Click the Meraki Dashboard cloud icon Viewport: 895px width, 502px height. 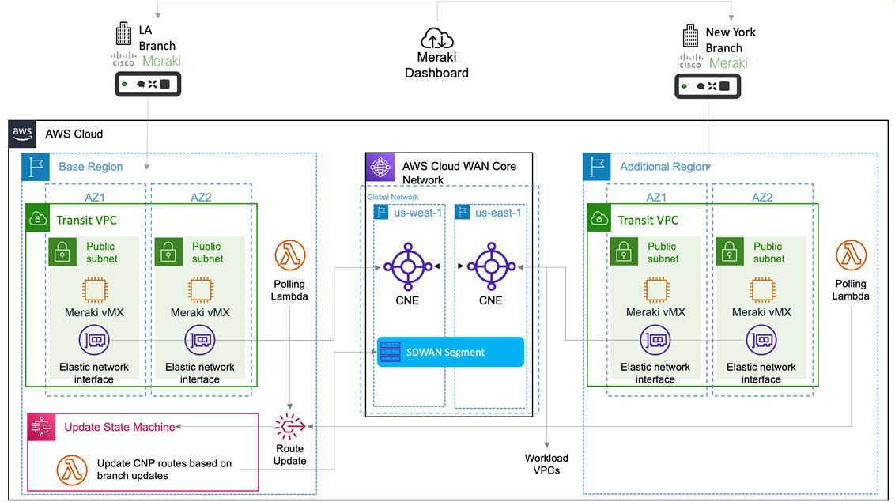tap(437, 38)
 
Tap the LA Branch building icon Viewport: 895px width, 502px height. tap(123, 34)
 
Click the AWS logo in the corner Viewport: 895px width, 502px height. tap(21, 134)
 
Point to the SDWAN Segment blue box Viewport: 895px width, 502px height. tap(450, 352)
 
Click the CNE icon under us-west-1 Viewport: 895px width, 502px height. tap(408, 266)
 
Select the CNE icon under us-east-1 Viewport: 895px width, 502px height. tap(490, 266)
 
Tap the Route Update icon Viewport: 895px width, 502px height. tap(290, 427)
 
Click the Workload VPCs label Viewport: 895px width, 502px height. tap(546, 464)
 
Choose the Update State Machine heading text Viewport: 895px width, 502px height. tap(119, 427)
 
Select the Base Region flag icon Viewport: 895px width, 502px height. tap(35, 167)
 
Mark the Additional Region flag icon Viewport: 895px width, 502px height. tap(596, 167)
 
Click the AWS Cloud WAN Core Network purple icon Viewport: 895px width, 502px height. tap(380, 167)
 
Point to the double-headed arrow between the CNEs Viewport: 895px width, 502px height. tap(449, 267)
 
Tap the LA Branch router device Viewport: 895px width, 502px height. tap(149, 84)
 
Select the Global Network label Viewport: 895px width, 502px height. tap(393, 197)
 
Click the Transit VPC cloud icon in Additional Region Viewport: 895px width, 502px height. tap(600, 219)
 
